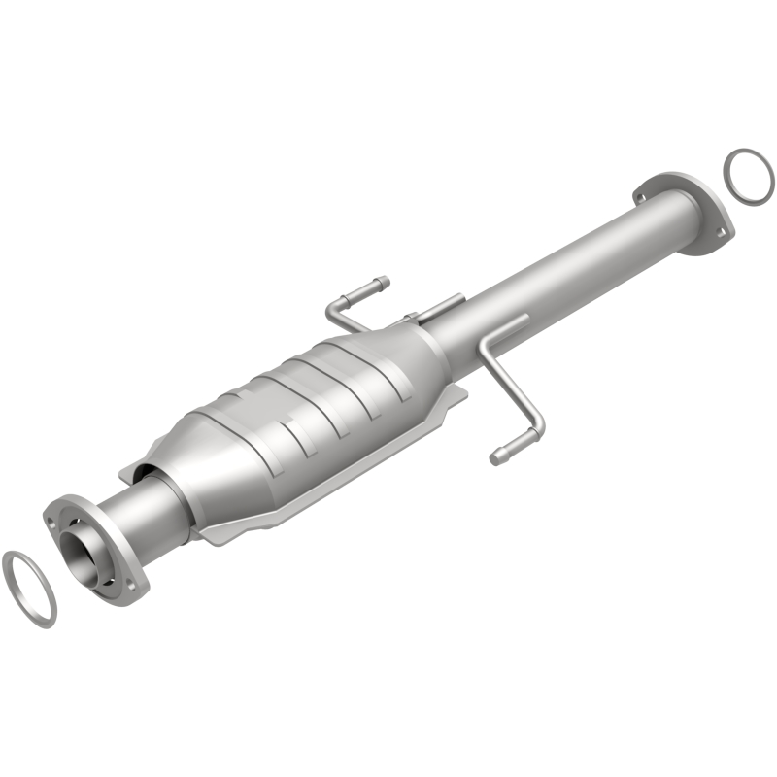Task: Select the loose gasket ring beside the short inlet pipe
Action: click(29, 587)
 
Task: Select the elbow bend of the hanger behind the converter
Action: click(333, 309)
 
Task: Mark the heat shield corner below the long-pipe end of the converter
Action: click(456, 393)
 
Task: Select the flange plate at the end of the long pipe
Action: click(680, 209)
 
